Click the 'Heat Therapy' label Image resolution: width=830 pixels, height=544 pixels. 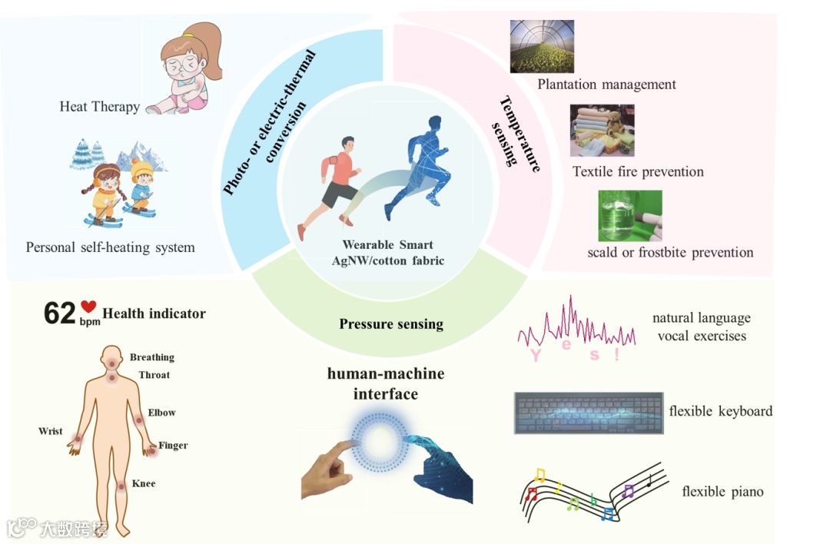click(x=99, y=107)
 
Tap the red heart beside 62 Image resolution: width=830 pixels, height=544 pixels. click(x=88, y=307)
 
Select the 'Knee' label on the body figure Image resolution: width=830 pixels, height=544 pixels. click(x=144, y=483)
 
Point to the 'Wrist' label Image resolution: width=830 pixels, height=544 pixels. click(x=51, y=431)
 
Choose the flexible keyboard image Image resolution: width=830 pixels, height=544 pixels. click(x=588, y=412)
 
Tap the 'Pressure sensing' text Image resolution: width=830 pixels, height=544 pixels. click(x=391, y=323)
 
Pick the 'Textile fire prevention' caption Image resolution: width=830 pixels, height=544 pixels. click(x=638, y=171)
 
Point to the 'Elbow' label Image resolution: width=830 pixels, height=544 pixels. click(x=161, y=413)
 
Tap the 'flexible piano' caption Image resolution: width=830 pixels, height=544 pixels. click(x=722, y=491)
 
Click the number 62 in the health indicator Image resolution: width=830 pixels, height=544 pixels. click(x=60, y=313)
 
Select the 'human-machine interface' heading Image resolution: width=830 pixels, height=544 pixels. click(x=386, y=383)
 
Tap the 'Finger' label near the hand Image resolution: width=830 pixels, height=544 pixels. click(x=173, y=446)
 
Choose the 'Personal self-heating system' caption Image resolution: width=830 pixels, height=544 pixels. click(x=110, y=247)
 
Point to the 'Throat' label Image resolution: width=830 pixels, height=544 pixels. click(x=154, y=375)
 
